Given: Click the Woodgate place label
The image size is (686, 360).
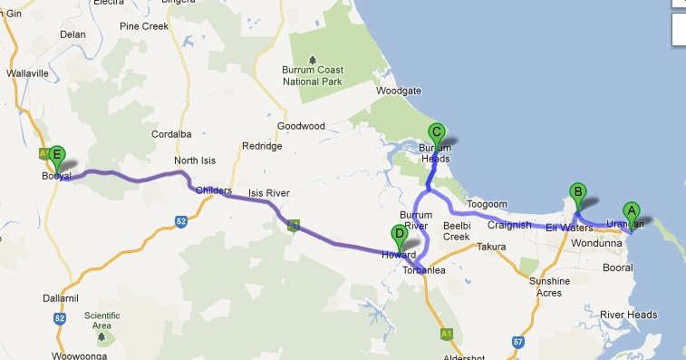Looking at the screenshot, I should coord(400,92).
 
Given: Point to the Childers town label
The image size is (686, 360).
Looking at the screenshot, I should coord(214,191).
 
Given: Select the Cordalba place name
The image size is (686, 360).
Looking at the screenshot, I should coord(171,134).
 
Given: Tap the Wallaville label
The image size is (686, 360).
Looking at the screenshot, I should coord(25,73).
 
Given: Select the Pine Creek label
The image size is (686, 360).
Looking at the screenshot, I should coord(144,26).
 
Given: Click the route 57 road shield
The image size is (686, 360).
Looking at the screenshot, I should coord(517,342).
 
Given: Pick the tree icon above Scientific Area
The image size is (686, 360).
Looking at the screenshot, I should coord(101,337).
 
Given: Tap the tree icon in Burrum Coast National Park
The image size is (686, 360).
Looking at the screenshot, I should coord(313,56).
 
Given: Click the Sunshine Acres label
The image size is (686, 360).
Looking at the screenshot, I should coord(549,287).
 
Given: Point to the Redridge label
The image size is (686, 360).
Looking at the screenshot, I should coord(262,146).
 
